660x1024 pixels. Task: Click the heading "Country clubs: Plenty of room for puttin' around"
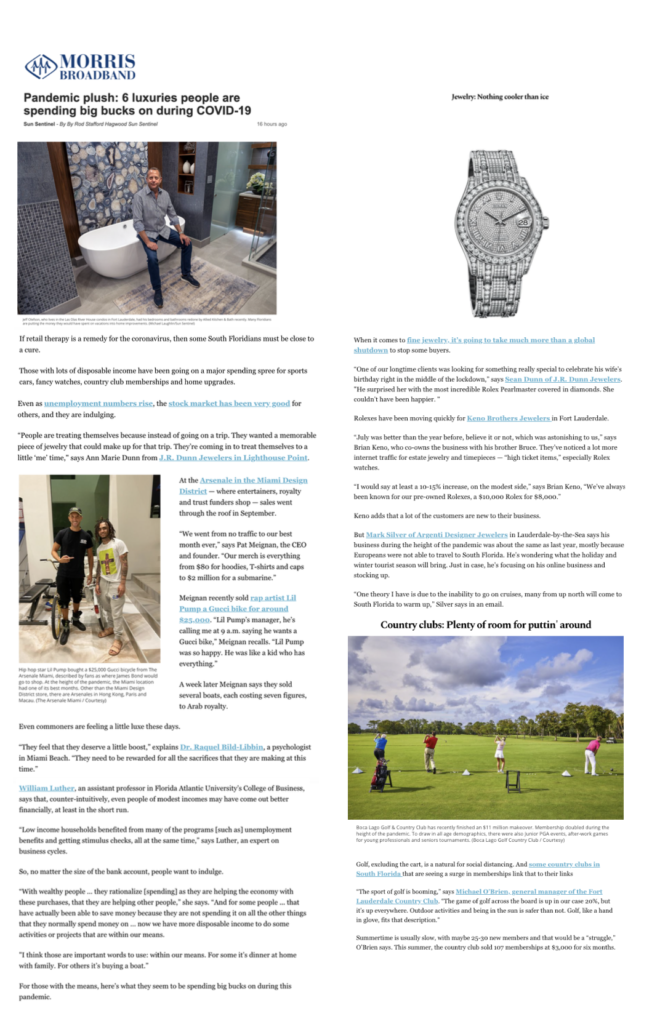pos(485,625)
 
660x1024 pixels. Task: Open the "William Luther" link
pos(48,788)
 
